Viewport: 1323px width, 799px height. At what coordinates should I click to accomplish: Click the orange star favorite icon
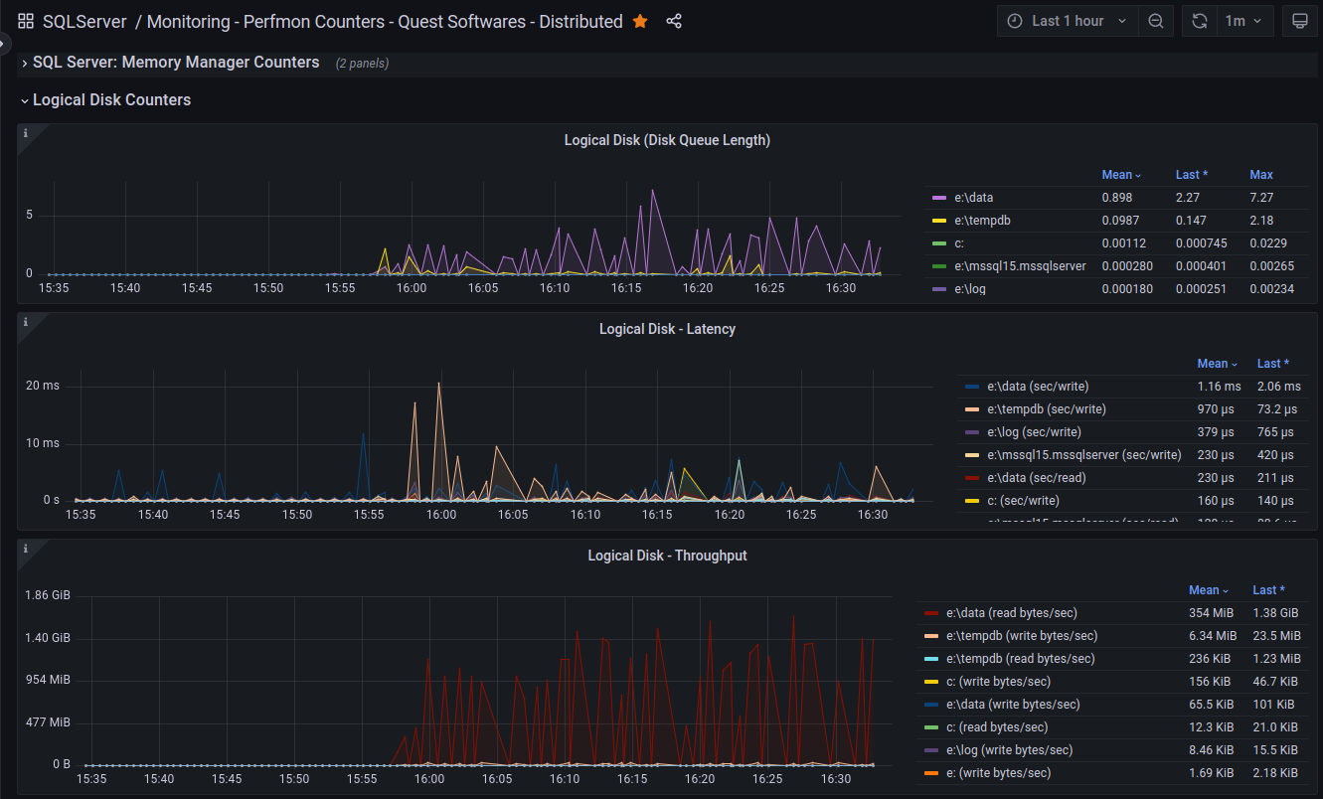pos(640,21)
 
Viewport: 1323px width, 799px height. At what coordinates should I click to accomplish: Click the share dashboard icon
pos(674,21)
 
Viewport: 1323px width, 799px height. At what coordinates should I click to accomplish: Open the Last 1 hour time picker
pos(1068,21)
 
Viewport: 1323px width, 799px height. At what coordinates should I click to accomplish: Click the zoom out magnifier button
pos(1156,21)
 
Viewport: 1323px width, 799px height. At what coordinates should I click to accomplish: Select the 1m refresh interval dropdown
pos(1242,21)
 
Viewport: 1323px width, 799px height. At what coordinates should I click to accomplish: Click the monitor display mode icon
pos(1299,21)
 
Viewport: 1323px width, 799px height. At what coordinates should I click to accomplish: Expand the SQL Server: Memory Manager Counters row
pos(176,63)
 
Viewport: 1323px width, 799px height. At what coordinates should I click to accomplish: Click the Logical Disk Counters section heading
pos(111,100)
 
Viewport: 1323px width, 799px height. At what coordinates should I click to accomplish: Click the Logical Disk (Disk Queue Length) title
pos(667,140)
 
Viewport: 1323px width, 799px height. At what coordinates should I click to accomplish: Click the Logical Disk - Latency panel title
pos(667,329)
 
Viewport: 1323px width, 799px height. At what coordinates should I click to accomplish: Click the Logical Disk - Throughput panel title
pos(667,556)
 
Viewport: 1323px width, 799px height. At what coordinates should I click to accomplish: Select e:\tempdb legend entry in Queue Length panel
pos(982,221)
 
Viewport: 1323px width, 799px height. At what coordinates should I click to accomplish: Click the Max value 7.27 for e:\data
pos(1261,198)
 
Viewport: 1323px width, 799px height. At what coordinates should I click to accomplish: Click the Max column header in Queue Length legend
pos(1261,175)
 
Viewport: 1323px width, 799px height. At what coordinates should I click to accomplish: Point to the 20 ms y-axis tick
pos(43,386)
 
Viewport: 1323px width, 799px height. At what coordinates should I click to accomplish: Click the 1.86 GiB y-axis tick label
pos(48,595)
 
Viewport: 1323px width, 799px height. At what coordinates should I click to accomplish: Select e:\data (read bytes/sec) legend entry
pos(1011,613)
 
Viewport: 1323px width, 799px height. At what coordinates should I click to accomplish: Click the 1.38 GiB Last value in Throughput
pos(1275,613)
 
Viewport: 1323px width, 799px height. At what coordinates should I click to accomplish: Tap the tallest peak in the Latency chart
pos(438,384)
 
